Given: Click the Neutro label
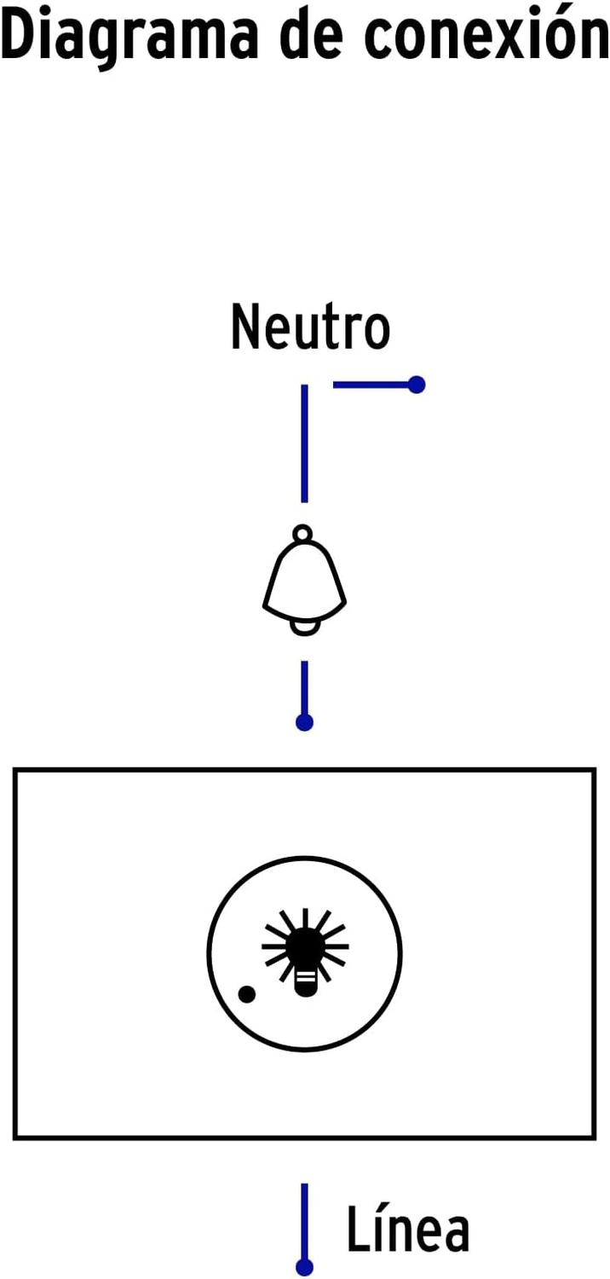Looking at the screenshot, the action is (x=310, y=326).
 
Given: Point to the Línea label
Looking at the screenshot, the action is (x=408, y=1229).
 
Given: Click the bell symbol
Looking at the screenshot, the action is (x=304, y=580).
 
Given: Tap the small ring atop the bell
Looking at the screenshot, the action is (x=302, y=534).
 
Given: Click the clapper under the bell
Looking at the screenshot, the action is (x=304, y=628).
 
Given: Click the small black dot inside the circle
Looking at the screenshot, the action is (x=246, y=994).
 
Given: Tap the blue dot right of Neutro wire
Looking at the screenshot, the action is (x=417, y=385).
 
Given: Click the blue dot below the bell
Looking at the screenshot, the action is (x=305, y=722).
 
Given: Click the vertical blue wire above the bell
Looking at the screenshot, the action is (x=304, y=443).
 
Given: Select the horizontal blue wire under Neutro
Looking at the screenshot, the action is (x=371, y=385).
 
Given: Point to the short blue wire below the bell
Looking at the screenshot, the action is (x=305, y=688).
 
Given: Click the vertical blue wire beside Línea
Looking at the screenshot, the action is (x=305, y=1221).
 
